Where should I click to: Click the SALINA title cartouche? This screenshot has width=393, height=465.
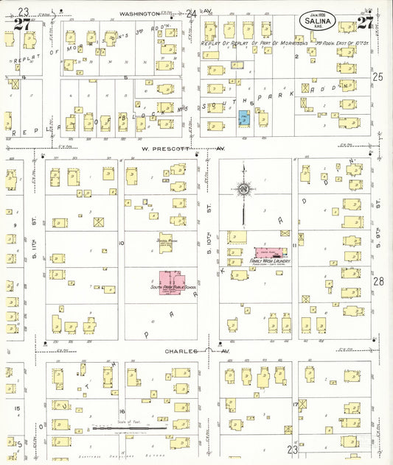coord(319,21)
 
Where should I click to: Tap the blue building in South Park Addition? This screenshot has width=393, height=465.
coord(244,117)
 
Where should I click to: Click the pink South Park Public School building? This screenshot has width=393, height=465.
coord(173,281)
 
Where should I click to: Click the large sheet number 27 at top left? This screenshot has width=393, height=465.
coord(22,24)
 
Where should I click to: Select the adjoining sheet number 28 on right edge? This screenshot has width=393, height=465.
coord(378,281)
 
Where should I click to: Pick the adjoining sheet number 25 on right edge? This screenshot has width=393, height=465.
coord(378,77)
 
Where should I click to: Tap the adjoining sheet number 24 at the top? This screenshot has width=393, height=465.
coord(192,13)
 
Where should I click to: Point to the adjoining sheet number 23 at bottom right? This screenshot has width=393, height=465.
coord(293,449)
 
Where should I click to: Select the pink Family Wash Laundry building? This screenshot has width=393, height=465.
coord(270,252)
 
